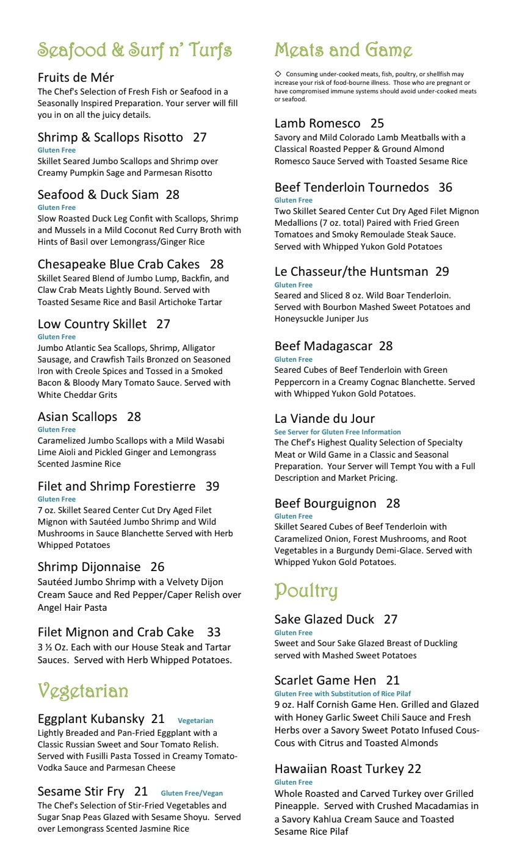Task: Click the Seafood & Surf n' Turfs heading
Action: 134,50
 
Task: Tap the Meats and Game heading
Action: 343,50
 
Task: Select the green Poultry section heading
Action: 306,591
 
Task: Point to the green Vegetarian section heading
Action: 83,691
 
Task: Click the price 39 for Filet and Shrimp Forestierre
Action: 212,486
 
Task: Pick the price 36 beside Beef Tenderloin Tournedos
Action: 446,187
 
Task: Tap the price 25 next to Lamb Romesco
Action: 377,123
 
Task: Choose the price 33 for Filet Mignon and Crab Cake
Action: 214,632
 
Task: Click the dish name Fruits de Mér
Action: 76,77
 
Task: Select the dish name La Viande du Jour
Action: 325,419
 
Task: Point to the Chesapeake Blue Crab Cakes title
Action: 118,264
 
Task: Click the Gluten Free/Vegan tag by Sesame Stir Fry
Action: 192,793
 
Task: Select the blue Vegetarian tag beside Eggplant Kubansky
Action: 195,721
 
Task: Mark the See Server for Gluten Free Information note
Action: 338,432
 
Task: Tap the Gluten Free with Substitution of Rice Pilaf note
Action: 342,694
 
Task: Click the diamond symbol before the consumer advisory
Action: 278,74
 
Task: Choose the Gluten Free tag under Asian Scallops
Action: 57,430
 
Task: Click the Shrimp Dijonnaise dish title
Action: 89,567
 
